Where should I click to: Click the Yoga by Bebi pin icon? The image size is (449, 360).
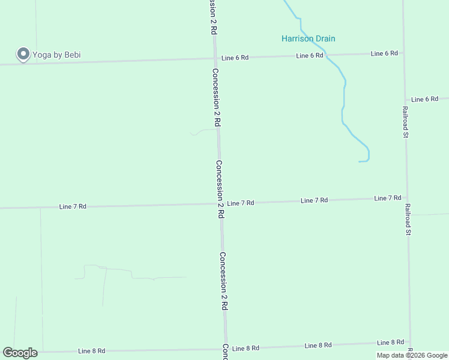(x=23, y=54)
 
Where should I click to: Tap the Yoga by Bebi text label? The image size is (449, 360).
(x=57, y=55)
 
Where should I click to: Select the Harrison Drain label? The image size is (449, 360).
(x=308, y=39)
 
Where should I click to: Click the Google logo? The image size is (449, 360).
(x=20, y=353)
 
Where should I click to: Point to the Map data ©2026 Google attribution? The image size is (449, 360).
(x=412, y=355)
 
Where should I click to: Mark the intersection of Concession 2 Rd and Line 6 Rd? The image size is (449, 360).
(x=215, y=58)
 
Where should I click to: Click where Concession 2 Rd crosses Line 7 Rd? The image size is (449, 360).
(x=220, y=204)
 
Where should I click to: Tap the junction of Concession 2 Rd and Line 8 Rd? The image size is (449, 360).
(x=226, y=349)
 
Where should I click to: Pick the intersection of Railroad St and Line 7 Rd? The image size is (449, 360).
(x=406, y=197)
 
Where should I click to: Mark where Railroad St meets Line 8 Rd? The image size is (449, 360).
(x=410, y=343)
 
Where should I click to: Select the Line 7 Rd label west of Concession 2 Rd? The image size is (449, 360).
(x=73, y=206)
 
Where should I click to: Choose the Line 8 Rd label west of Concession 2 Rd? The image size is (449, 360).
(x=92, y=350)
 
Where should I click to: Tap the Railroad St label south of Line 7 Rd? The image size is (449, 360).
(x=408, y=220)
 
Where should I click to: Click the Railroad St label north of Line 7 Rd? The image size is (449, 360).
(x=405, y=122)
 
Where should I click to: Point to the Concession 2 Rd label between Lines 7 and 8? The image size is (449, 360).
(x=223, y=280)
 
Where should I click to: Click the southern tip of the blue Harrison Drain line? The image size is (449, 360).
(x=359, y=161)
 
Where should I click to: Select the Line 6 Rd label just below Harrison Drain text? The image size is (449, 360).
(x=310, y=55)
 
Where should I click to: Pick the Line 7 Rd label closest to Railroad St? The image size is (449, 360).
(x=387, y=198)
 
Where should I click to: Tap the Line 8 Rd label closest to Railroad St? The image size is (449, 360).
(x=390, y=343)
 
